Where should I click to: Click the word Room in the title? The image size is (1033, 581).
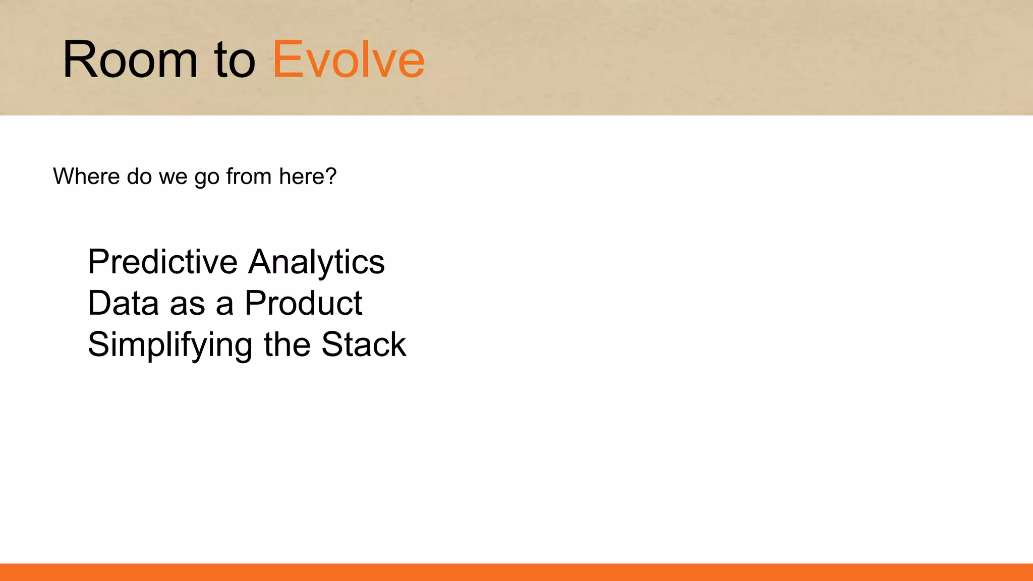click(130, 60)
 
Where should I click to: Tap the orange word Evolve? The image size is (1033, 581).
click(349, 60)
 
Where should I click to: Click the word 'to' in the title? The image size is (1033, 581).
click(235, 61)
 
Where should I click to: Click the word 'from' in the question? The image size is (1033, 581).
click(249, 177)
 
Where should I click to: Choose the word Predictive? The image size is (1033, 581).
click(162, 262)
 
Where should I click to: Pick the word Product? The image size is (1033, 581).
click(303, 304)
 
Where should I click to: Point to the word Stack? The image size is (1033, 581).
click(364, 345)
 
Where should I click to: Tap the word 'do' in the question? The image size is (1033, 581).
click(139, 177)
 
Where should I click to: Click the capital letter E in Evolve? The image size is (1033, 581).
click(286, 60)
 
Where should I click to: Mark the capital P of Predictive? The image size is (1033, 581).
click(98, 262)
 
